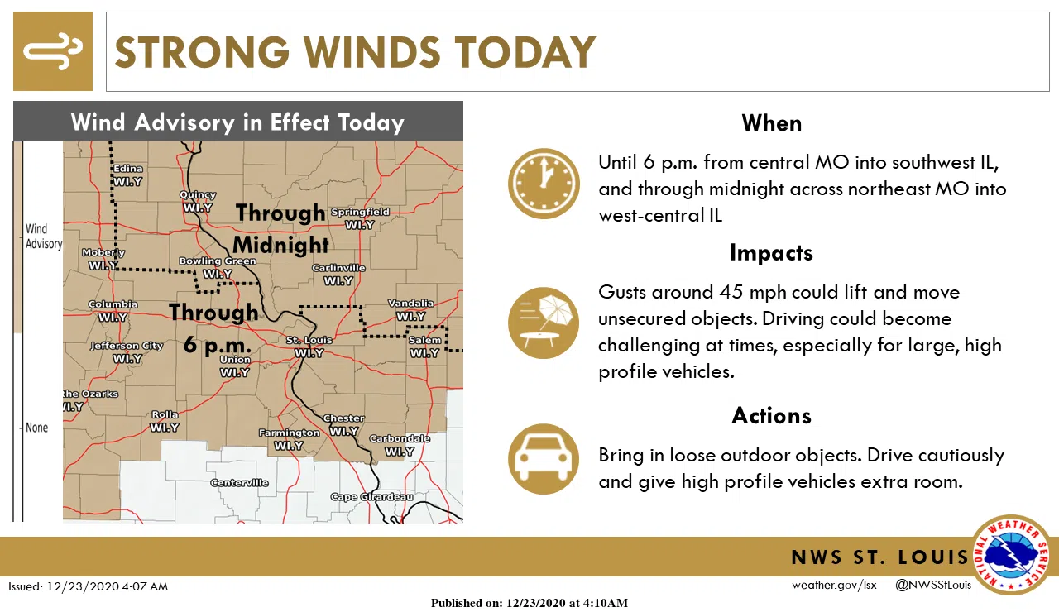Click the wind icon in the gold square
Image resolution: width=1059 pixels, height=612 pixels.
[53, 51]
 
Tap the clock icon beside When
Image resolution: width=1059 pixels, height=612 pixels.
[544, 184]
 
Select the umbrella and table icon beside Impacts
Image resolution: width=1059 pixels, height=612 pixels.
[544, 323]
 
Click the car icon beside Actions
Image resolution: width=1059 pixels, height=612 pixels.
[544, 459]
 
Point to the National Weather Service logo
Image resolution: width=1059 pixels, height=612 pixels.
[1011, 555]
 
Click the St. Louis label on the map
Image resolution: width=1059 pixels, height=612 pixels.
[309, 340]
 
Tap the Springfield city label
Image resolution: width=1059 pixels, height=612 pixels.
[360, 212]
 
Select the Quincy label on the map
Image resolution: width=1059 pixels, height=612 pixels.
[198, 195]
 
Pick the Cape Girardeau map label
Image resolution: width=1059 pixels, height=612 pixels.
[371, 497]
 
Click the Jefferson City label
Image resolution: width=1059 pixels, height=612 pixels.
[127, 346]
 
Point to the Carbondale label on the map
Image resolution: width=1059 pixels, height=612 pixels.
[400, 438]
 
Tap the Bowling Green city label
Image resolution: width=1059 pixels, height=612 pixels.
[218, 261]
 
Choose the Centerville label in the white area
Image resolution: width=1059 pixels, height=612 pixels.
[239, 482]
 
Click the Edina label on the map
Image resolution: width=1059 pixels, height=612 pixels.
[128, 169]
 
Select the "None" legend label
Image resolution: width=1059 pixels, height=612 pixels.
[37, 428]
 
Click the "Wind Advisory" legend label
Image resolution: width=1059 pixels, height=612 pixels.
[43, 236]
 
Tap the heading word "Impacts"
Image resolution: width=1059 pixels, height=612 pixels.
[771, 252]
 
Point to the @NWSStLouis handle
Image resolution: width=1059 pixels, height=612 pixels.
[932, 586]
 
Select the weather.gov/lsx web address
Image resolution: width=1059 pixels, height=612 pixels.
[833, 586]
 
